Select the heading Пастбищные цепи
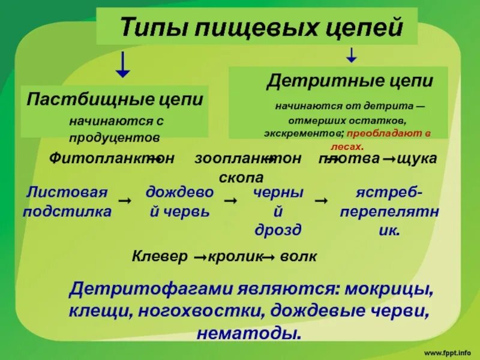coord(115,99)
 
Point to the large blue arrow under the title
coord(123,65)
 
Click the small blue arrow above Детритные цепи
coord(352,56)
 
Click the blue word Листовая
coord(67,193)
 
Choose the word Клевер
coord(160,257)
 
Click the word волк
coord(297,257)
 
